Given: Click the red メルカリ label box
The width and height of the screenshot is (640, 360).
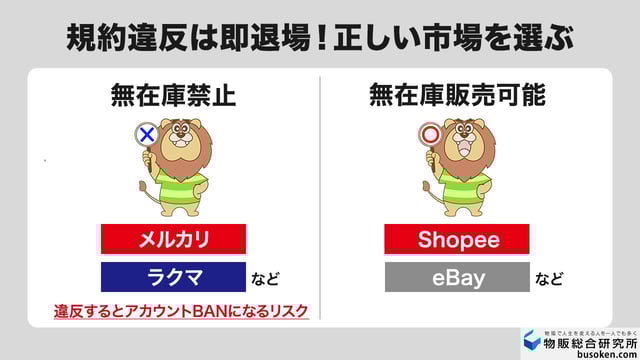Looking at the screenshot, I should click(x=173, y=240).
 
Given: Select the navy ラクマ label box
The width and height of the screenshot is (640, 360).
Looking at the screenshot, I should click(x=173, y=277).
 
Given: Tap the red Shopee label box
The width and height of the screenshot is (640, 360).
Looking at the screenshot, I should click(x=457, y=240).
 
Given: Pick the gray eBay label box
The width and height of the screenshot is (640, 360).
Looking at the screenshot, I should click(x=457, y=277).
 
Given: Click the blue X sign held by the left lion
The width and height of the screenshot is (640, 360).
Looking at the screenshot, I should click(x=146, y=134).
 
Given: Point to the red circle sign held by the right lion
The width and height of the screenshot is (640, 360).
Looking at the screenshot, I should click(x=430, y=134).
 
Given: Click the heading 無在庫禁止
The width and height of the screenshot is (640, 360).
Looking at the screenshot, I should click(x=173, y=97).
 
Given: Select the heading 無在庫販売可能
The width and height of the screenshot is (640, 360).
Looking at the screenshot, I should click(x=457, y=97).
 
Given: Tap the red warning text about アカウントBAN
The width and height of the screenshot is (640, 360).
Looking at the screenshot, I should click(x=181, y=311).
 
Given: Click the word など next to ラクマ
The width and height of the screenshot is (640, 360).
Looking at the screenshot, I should click(x=266, y=279).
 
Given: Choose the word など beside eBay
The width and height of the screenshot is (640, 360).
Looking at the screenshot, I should click(x=549, y=279).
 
